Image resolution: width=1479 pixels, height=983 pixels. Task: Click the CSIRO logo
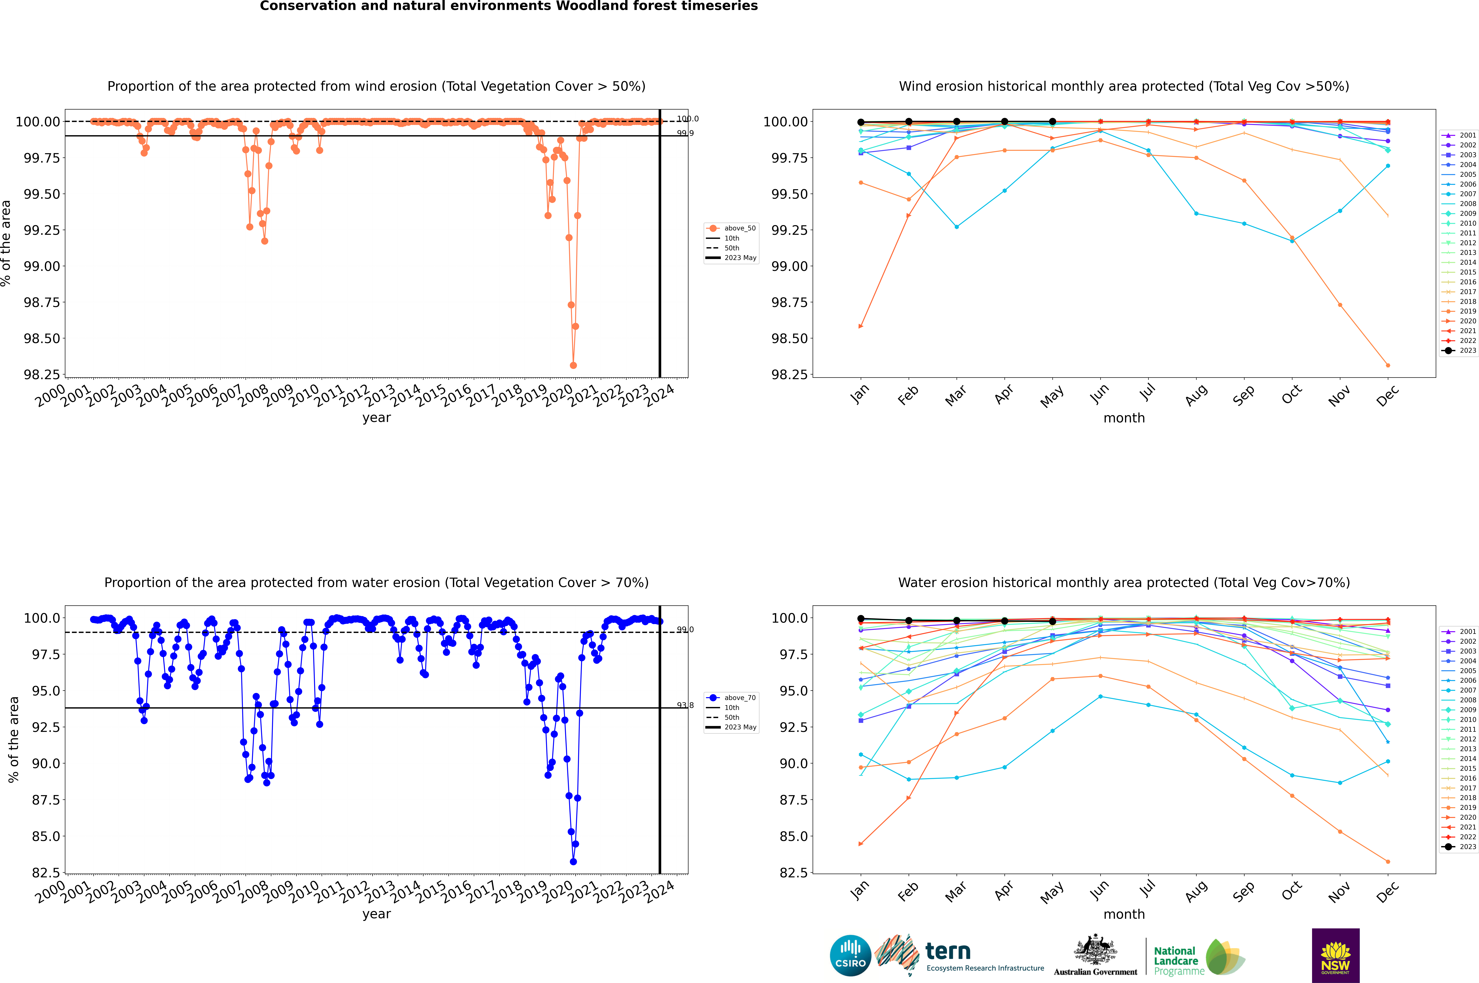[x=850, y=955]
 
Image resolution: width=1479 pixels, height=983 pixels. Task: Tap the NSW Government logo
[x=1335, y=955]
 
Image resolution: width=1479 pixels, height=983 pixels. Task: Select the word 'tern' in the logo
[x=948, y=952]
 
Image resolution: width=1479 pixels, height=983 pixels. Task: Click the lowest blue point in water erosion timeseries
[x=573, y=861]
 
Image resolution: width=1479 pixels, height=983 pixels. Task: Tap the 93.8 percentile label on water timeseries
[x=685, y=705]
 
